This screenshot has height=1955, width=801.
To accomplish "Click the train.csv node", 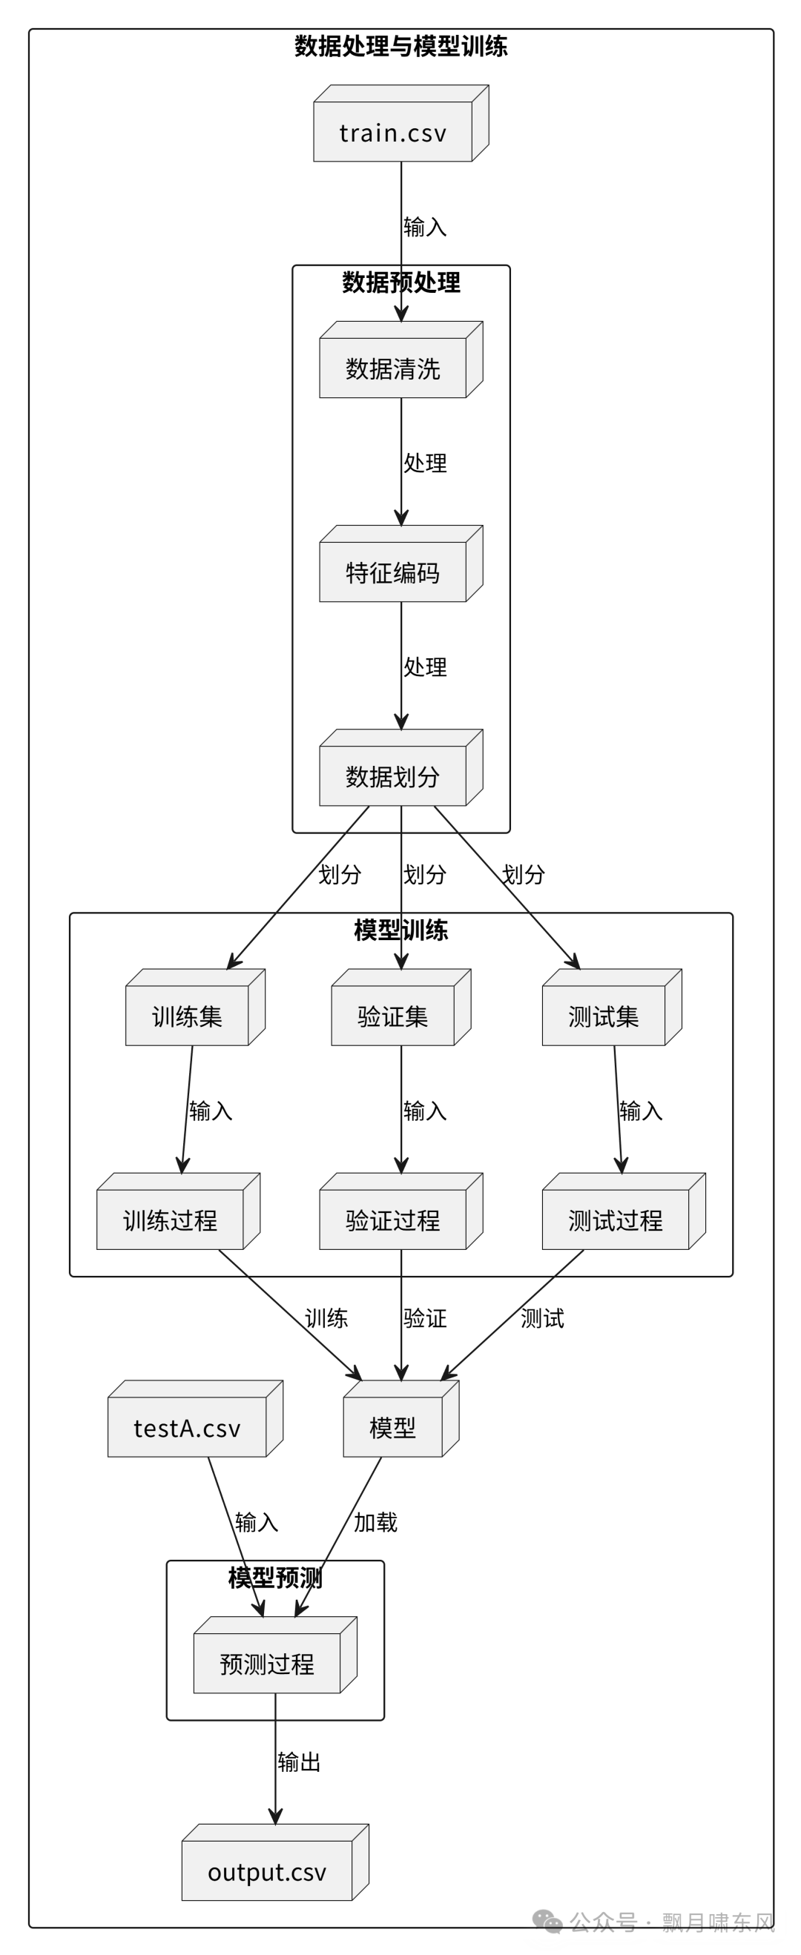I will click(x=393, y=132).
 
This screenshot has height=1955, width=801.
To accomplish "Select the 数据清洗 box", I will click(x=393, y=368).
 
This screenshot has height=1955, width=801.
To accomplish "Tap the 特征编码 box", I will click(x=393, y=572).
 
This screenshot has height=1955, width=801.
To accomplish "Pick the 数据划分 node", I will click(x=393, y=776).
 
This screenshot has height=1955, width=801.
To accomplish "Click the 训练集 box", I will click(x=187, y=1016).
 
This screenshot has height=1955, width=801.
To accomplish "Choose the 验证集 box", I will click(x=393, y=1016).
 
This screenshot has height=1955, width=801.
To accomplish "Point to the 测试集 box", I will click(x=604, y=1016).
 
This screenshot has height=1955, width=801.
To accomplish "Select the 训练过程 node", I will click(x=170, y=1220).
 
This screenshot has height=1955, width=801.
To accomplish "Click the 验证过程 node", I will click(x=393, y=1220).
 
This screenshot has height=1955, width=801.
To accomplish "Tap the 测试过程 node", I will click(x=616, y=1220).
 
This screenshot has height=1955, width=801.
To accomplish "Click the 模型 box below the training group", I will click(x=393, y=1428).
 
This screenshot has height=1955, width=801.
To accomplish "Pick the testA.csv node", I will click(x=188, y=1428).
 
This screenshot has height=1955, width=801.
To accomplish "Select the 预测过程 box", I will click(x=267, y=1664).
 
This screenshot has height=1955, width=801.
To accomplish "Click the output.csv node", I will click(x=267, y=1871).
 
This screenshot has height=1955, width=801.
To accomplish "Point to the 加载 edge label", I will click(x=375, y=1521).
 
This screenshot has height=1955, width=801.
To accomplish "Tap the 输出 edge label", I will click(x=299, y=1762).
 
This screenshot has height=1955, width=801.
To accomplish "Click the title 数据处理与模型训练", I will click(x=401, y=46).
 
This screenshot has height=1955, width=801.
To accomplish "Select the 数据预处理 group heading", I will click(x=401, y=282).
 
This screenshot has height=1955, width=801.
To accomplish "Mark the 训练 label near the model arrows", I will click(x=326, y=1318).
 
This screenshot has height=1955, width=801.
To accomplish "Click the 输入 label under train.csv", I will click(x=425, y=227).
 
